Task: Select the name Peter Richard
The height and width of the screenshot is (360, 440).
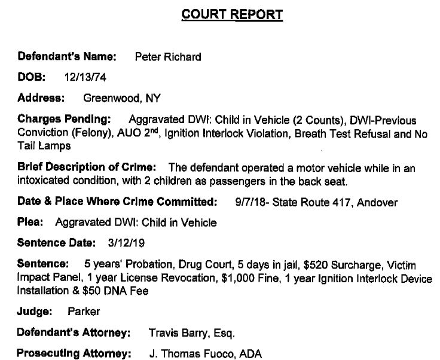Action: pyautogui.click(x=169, y=57)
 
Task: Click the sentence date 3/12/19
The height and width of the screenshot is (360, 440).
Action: pyautogui.click(x=124, y=243)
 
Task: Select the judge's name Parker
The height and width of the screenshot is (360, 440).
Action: pyautogui.click(x=84, y=312)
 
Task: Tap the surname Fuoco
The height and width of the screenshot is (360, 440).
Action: pyautogui.click(x=219, y=353)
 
